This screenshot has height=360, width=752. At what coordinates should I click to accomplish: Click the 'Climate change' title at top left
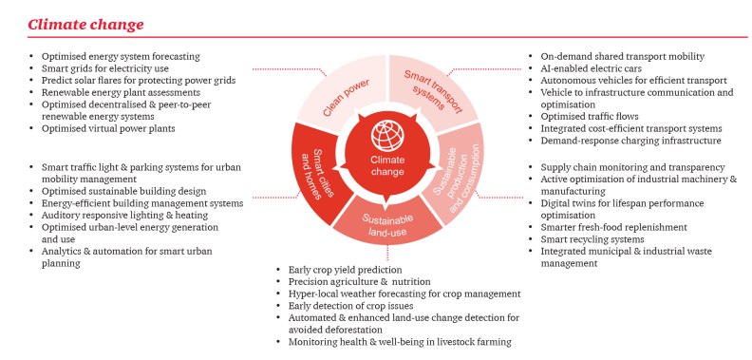[x=85, y=23]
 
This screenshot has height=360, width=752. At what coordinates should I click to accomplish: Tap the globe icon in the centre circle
[x=386, y=133]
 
